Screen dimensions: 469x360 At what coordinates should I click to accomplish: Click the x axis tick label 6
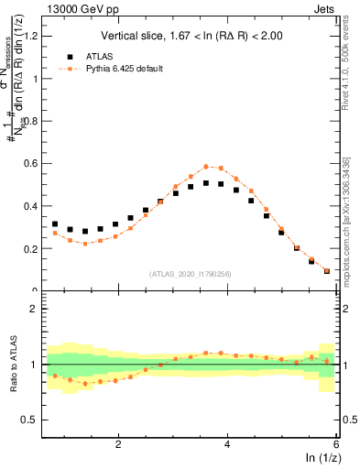336,444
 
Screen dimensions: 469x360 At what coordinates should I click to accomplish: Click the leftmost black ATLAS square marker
55,224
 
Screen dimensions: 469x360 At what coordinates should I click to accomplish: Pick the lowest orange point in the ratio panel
85,384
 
